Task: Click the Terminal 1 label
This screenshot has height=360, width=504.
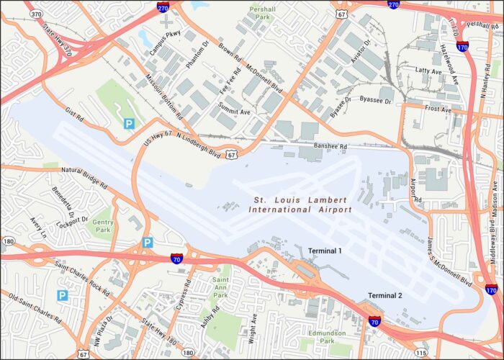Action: [325, 251]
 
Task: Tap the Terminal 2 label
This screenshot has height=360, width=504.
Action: [384, 296]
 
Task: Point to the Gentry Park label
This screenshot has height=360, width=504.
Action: [104, 226]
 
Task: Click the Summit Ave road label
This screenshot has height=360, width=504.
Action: [235, 112]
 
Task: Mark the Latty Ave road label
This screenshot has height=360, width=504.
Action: [428, 71]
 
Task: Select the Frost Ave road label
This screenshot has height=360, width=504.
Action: [437, 109]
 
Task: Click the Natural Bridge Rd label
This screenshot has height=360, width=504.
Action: [84, 177]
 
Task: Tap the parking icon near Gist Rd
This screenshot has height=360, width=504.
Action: [129, 124]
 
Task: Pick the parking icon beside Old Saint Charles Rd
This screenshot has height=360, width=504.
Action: [63, 295]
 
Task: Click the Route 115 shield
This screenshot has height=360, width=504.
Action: [421, 353]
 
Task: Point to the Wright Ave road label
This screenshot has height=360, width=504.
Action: [253, 328]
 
